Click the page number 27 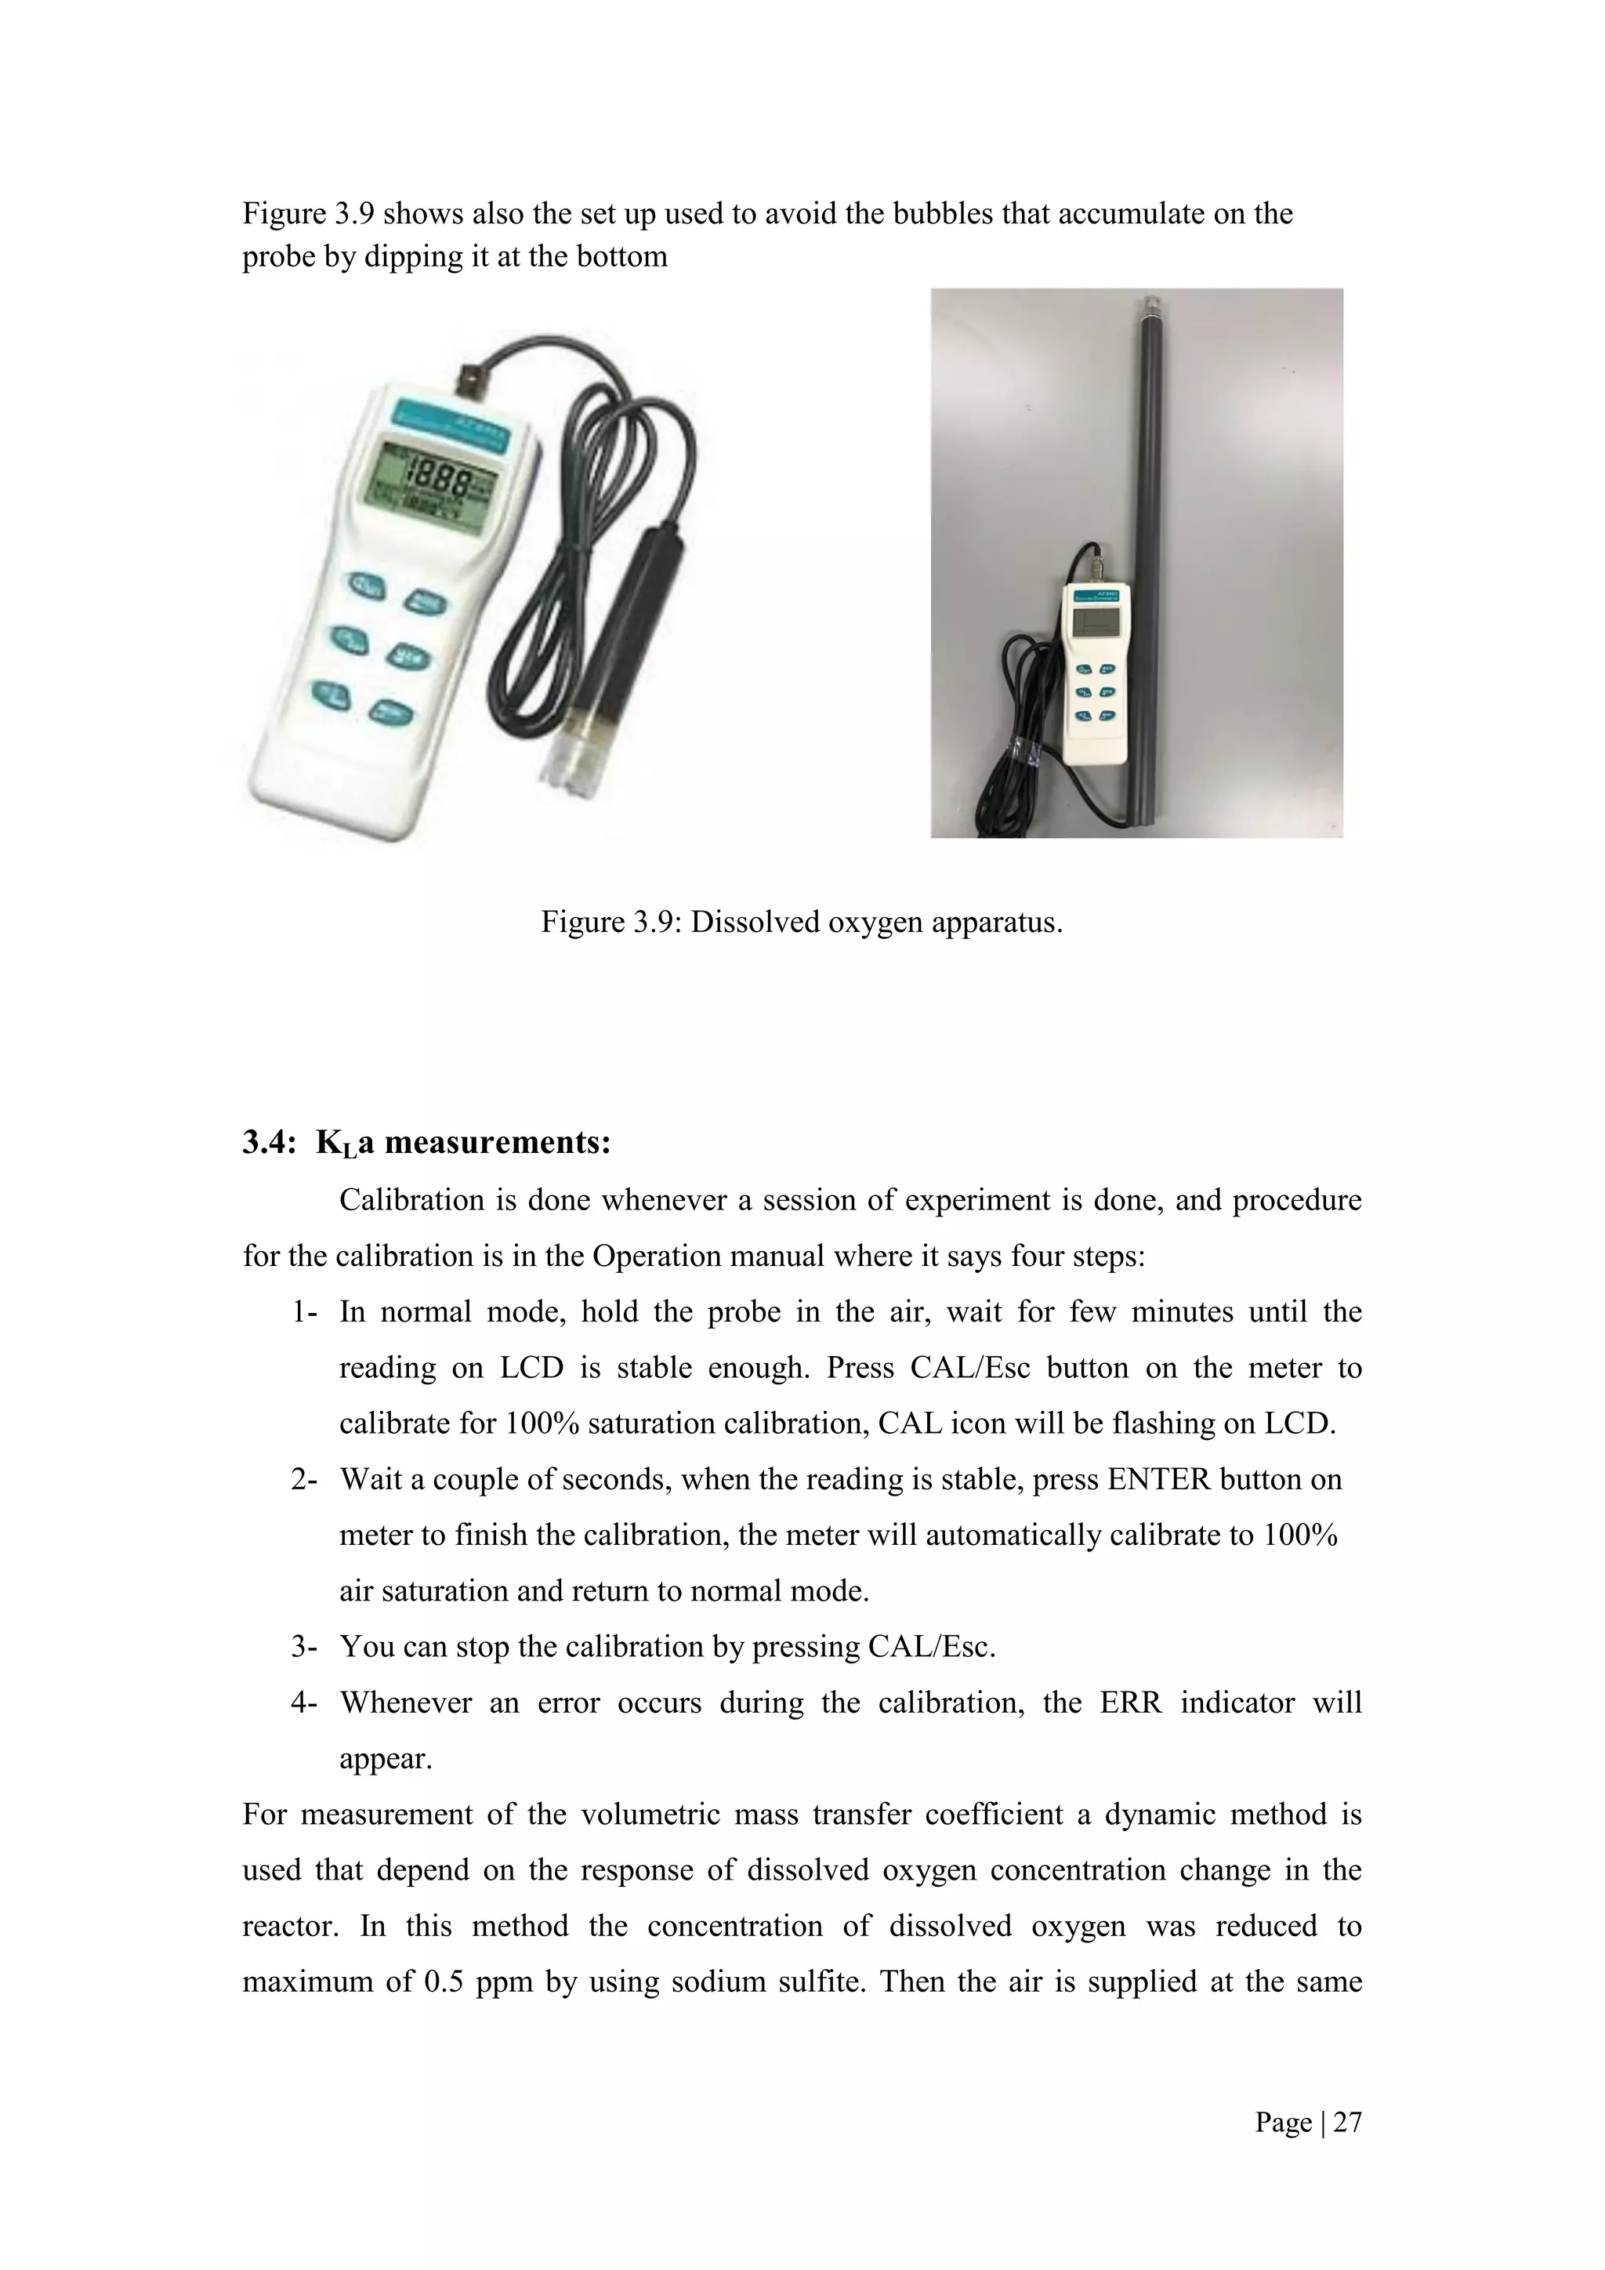point(1347,2122)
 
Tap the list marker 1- point(303,1312)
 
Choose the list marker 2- point(303,1479)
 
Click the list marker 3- point(303,1646)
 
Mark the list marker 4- point(303,1702)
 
